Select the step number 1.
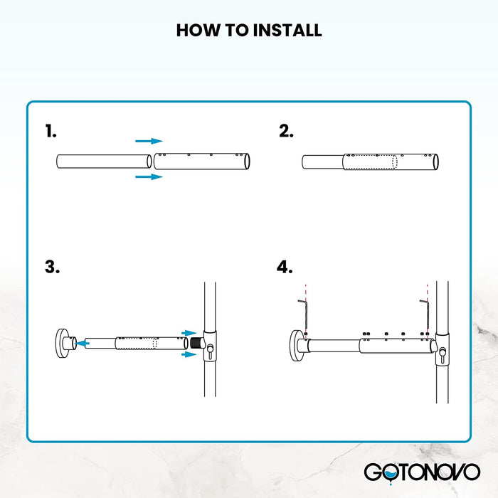click(51, 131)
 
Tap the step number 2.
click(286, 131)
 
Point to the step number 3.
click(52, 267)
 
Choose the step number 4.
click(285, 267)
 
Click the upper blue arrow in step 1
click(149, 142)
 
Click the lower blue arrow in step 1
click(149, 176)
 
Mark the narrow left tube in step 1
click(103, 161)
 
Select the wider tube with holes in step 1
click(203, 161)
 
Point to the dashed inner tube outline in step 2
click(370, 161)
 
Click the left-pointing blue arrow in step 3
click(83, 343)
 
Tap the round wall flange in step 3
click(60, 343)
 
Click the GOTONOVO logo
click(422, 472)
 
